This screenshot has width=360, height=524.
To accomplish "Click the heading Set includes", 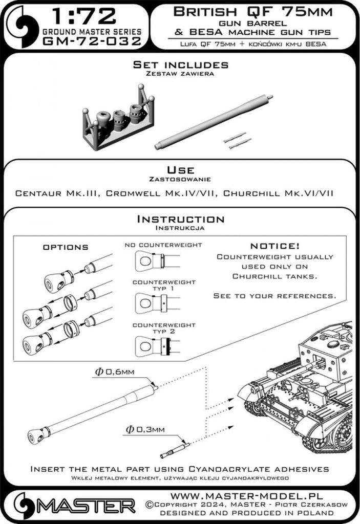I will click(x=180, y=65).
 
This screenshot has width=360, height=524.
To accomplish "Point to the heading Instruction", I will click(x=180, y=219).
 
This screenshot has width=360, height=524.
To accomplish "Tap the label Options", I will click(x=65, y=247).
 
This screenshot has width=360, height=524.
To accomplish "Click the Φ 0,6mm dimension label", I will click(x=114, y=373).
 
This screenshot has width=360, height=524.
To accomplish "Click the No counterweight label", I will click(x=163, y=245).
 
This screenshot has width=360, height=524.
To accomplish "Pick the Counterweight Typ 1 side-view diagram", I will click(x=157, y=303).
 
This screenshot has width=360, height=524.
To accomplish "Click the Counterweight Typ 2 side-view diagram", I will click(x=157, y=346).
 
